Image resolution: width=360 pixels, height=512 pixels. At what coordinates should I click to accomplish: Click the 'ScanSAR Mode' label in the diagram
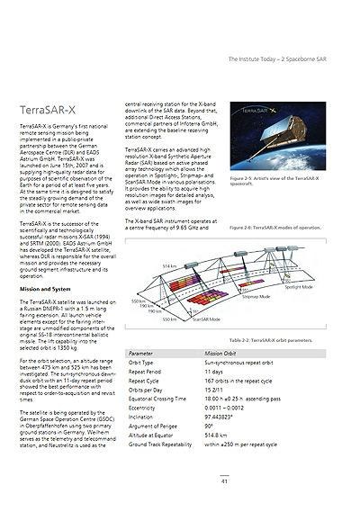(x=206, y=319)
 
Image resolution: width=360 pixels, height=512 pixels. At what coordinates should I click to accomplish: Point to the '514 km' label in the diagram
(x=170, y=266)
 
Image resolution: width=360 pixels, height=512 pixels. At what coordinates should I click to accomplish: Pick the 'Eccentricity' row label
(x=143, y=408)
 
